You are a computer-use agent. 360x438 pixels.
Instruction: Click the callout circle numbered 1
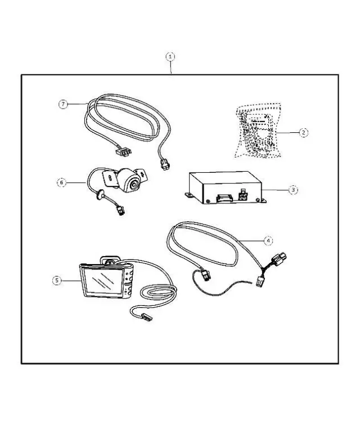tap(170, 56)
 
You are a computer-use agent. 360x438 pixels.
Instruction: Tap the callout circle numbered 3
tap(292, 190)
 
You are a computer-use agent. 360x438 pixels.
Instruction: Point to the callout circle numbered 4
tap(268, 240)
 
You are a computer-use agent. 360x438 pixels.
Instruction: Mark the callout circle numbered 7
tap(64, 104)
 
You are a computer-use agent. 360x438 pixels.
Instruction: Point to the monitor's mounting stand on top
tap(109, 260)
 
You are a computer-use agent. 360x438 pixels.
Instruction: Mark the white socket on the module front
tap(244, 198)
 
